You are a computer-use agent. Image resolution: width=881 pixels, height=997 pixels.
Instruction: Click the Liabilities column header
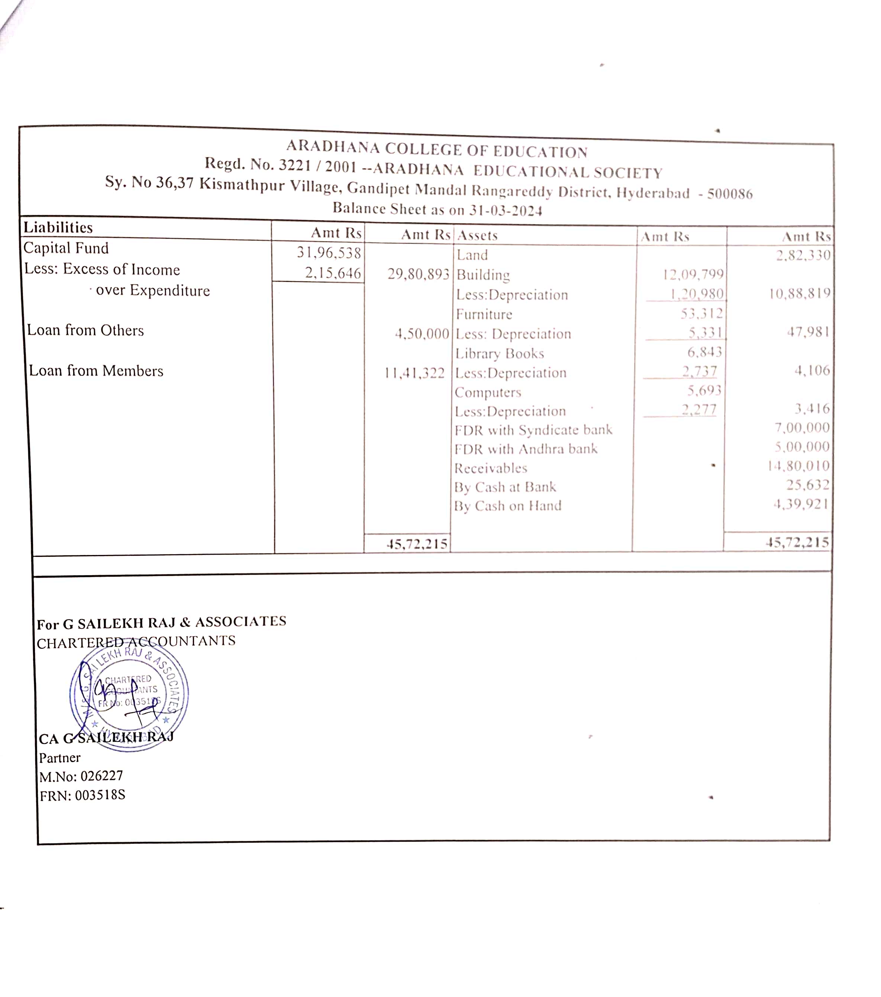click(x=58, y=227)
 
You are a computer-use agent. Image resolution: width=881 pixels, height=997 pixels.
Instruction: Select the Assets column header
click(x=477, y=236)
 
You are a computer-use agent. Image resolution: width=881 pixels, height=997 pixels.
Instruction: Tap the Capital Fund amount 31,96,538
click(x=329, y=253)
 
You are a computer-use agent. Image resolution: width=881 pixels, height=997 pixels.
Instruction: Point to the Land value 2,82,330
click(x=803, y=255)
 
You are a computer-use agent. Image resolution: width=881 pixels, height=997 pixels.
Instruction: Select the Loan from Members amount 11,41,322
click(x=414, y=374)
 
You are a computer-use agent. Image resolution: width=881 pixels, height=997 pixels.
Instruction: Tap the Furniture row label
click(x=484, y=314)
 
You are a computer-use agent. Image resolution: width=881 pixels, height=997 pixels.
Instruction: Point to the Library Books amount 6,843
click(x=704, y=352)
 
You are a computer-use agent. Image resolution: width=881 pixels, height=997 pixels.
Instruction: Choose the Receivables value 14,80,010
click(x=798, y=466)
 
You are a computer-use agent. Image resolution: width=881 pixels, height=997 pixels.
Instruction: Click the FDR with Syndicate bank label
click(x=533, y=430)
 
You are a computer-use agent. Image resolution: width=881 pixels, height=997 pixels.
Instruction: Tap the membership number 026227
click(x=101, y=775)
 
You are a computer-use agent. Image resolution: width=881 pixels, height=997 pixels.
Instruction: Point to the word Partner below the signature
click(x=59, y=758)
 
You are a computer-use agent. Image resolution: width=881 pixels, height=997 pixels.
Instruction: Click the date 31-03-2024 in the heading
click(x=506, y=210)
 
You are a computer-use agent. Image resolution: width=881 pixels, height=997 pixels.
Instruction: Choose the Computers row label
click(x=488, y=393)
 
